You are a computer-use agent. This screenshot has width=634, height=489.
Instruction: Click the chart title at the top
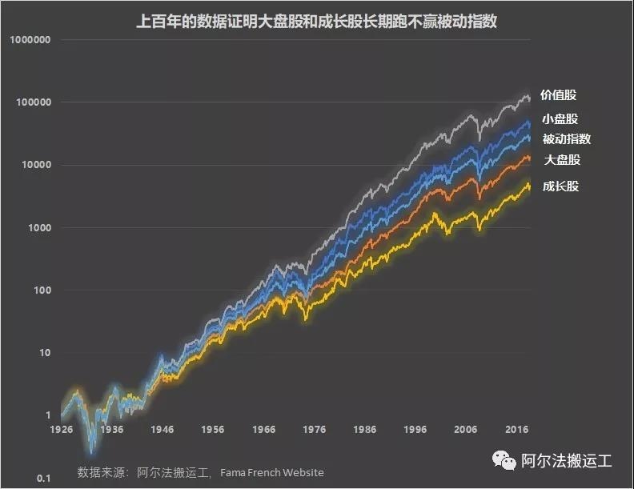316,22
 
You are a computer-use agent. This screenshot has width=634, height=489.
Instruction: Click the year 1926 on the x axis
60,430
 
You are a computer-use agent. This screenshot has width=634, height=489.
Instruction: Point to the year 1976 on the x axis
315,430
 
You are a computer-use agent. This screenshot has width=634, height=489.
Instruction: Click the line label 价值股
558,95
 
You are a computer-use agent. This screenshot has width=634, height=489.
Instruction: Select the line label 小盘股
560,118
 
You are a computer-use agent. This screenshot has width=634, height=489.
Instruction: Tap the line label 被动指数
566,138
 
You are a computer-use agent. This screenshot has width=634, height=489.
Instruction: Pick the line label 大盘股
562,160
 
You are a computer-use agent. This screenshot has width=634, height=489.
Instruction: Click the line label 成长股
560,186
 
